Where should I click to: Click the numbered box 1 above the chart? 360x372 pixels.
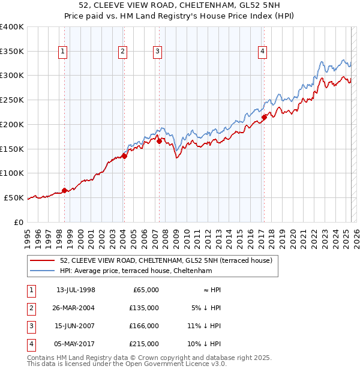tap(63, 52)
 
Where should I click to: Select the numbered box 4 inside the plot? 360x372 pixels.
tap(263, 52)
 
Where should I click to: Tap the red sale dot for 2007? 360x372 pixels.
tap(159, 142)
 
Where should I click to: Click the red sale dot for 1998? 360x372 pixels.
tap(64, 191)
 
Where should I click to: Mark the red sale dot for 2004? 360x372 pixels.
tap(124, 156)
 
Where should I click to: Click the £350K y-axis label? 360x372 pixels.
tap(11, 52)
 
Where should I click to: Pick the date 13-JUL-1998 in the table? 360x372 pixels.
tap(76, 290)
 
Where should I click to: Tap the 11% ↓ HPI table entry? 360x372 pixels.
tap(204, 326)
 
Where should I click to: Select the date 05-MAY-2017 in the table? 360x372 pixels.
tap(76, 344)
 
